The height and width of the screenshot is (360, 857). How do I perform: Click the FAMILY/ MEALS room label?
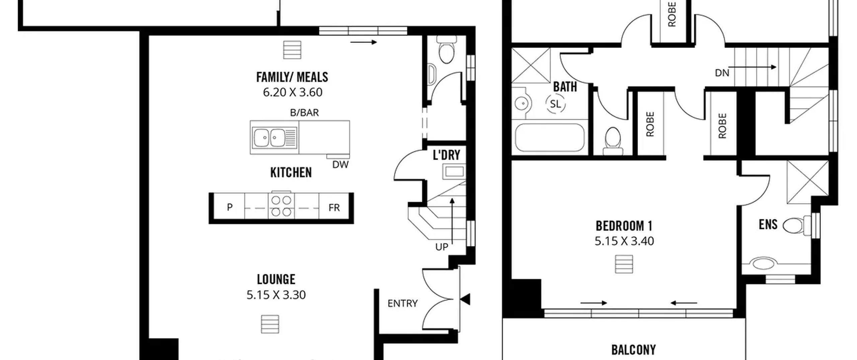pyautogui.click(x=292, y=77)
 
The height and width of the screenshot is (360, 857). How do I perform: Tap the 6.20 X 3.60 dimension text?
pyautogui.click(x=293, y=92)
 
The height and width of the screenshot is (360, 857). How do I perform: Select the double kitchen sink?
pyautogui.click(x=269, y=138)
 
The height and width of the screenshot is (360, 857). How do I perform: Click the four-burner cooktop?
pyautogui.click(x=281, y=206)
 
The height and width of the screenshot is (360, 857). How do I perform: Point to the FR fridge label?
pyautogui.click(x=334, y=208)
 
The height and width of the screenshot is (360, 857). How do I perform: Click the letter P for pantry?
pyautogui.click(x=230, y=207)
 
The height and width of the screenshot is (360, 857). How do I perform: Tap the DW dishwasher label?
pyautogui.click(x=340, y=164)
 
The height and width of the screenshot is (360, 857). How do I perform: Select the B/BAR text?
pyautogui.click(x=304, y=113)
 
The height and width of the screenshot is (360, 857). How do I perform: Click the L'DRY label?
pyautogui.click(x=447, y=155)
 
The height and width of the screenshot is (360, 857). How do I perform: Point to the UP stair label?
pyautogui.click(x=442, y=247)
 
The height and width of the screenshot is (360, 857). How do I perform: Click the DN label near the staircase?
pyautogui.click(x=722, y=73)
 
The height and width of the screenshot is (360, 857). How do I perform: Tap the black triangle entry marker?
pyautogui.click(x=466, y=299)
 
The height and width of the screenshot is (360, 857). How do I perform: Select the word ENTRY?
pyautogui.click(x=403, y=303)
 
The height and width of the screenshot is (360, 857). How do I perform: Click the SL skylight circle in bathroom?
pyautogui.click(x=555, y=104)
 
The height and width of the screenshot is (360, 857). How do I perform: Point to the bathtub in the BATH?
pyautogui.click(x=550, y=138)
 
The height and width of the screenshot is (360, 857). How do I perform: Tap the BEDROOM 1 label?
pyautogui.click(x=624, y=226)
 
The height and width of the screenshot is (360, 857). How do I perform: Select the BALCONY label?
pyautogui.click(x=633, y=350)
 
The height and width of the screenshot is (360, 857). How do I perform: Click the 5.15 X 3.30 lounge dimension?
pyautogui.click(x=276, y=295)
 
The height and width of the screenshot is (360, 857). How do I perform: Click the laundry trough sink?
pyautogui.click(x=454, y=172)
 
